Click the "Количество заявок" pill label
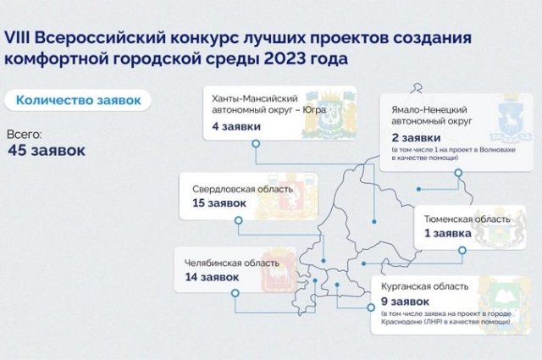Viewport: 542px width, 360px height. coord(78,100)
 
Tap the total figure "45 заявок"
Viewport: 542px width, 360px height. coord(47,150)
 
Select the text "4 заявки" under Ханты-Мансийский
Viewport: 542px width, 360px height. coord(236,126)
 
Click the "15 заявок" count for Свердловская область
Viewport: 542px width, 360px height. coord(219,203)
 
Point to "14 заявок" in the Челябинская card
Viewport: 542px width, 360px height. coord(212,277)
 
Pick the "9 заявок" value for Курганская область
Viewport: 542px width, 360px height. coord(405,302)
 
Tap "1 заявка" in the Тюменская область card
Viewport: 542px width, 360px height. coord(448,234)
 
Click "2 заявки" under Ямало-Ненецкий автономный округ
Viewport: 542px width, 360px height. coord(416,137)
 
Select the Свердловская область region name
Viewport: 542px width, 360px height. coord(243,189)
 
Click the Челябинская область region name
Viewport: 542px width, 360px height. coord(231,263)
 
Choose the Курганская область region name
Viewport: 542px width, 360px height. coord(425,286)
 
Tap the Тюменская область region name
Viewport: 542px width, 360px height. coord(467,219)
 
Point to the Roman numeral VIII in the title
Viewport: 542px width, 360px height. coord(17,38)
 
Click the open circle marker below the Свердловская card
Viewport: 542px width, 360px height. coord(239,220)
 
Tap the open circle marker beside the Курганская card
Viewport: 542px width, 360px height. coord(371,307)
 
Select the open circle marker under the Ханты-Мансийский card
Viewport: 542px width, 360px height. coord(256,143)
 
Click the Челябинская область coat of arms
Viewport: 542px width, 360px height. coord(279,270)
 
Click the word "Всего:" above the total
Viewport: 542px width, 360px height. coord(24,134)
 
